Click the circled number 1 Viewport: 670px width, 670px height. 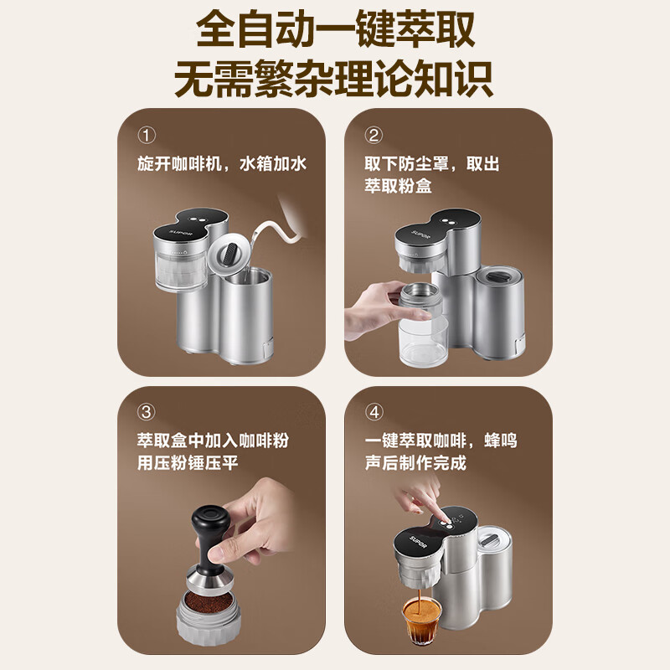[147, 136]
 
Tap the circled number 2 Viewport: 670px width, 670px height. [374, 136]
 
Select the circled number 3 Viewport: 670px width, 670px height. [147, 412]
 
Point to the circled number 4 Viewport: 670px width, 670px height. [374, 412]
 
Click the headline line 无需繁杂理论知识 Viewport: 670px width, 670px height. [335, 80]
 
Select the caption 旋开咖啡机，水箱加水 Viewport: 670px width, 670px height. [222, 163]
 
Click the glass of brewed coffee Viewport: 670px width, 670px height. [418, 623]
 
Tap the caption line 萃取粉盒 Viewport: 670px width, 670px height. [398, 186]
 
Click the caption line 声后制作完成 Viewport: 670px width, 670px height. [415, 463]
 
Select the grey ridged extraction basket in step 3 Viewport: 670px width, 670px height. [210, 628]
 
